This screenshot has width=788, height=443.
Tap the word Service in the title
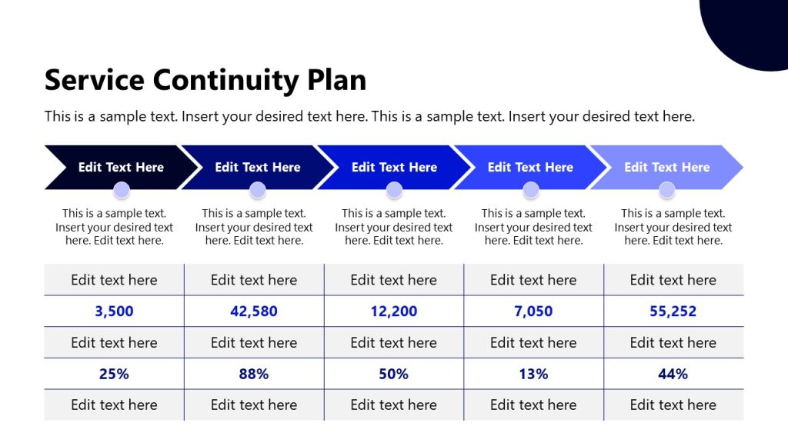95,81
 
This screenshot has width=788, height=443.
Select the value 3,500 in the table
114,311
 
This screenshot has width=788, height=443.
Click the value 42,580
254,311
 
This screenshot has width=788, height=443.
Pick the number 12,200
393,311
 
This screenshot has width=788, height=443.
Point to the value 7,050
533,311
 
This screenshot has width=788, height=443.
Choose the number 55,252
673,311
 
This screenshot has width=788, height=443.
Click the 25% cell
114,375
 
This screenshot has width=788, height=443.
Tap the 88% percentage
254,375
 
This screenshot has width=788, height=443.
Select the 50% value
393,375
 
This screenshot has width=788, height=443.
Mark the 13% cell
533,375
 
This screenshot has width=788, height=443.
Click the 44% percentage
673,375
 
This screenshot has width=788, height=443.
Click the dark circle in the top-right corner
750,27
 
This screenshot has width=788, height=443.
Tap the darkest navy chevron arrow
115,167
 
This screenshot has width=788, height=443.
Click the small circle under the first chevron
121,190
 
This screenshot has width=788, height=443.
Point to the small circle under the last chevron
667,190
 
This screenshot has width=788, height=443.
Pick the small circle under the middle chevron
394,190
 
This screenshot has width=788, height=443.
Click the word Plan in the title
336,81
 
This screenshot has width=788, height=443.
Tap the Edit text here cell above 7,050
533,280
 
